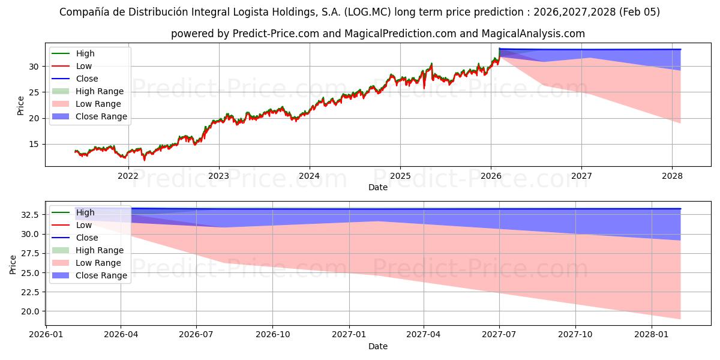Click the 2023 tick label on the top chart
coord(218,175)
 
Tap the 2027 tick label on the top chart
coord(581,175)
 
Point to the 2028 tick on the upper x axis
coord(672,175)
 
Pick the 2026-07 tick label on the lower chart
coord(196,334)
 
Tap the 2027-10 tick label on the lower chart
coord(576,334)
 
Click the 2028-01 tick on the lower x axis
coord(652,334)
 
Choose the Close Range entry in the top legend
coord(101,116)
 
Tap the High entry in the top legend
coord(85,53)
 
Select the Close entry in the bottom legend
coord(87,238)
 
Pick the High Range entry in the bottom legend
coord(100,250)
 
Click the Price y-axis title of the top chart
coord(21,105)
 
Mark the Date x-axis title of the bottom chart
coord(378,346)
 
